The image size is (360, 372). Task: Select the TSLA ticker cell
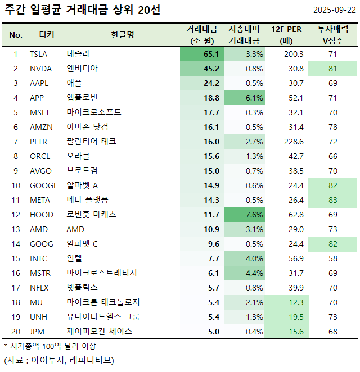[x=39, y=54]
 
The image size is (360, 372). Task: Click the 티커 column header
[x=47, y=35]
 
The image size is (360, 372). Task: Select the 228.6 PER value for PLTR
[x=293, y=142]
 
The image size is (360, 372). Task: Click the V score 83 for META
[x=332, y=200]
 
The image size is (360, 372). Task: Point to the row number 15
[x=16, y=258]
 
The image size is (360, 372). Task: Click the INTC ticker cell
[x=39, y=258]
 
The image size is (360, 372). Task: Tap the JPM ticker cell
[x=38, y=332]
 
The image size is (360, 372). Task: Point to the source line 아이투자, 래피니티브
[x=58, y=360]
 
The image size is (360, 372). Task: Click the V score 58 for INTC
[x=332, y=258]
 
